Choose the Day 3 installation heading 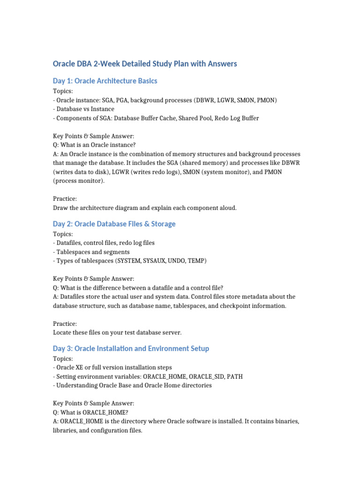(131, 349)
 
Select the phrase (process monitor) (79, 181)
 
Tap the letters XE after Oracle (81, 367)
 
